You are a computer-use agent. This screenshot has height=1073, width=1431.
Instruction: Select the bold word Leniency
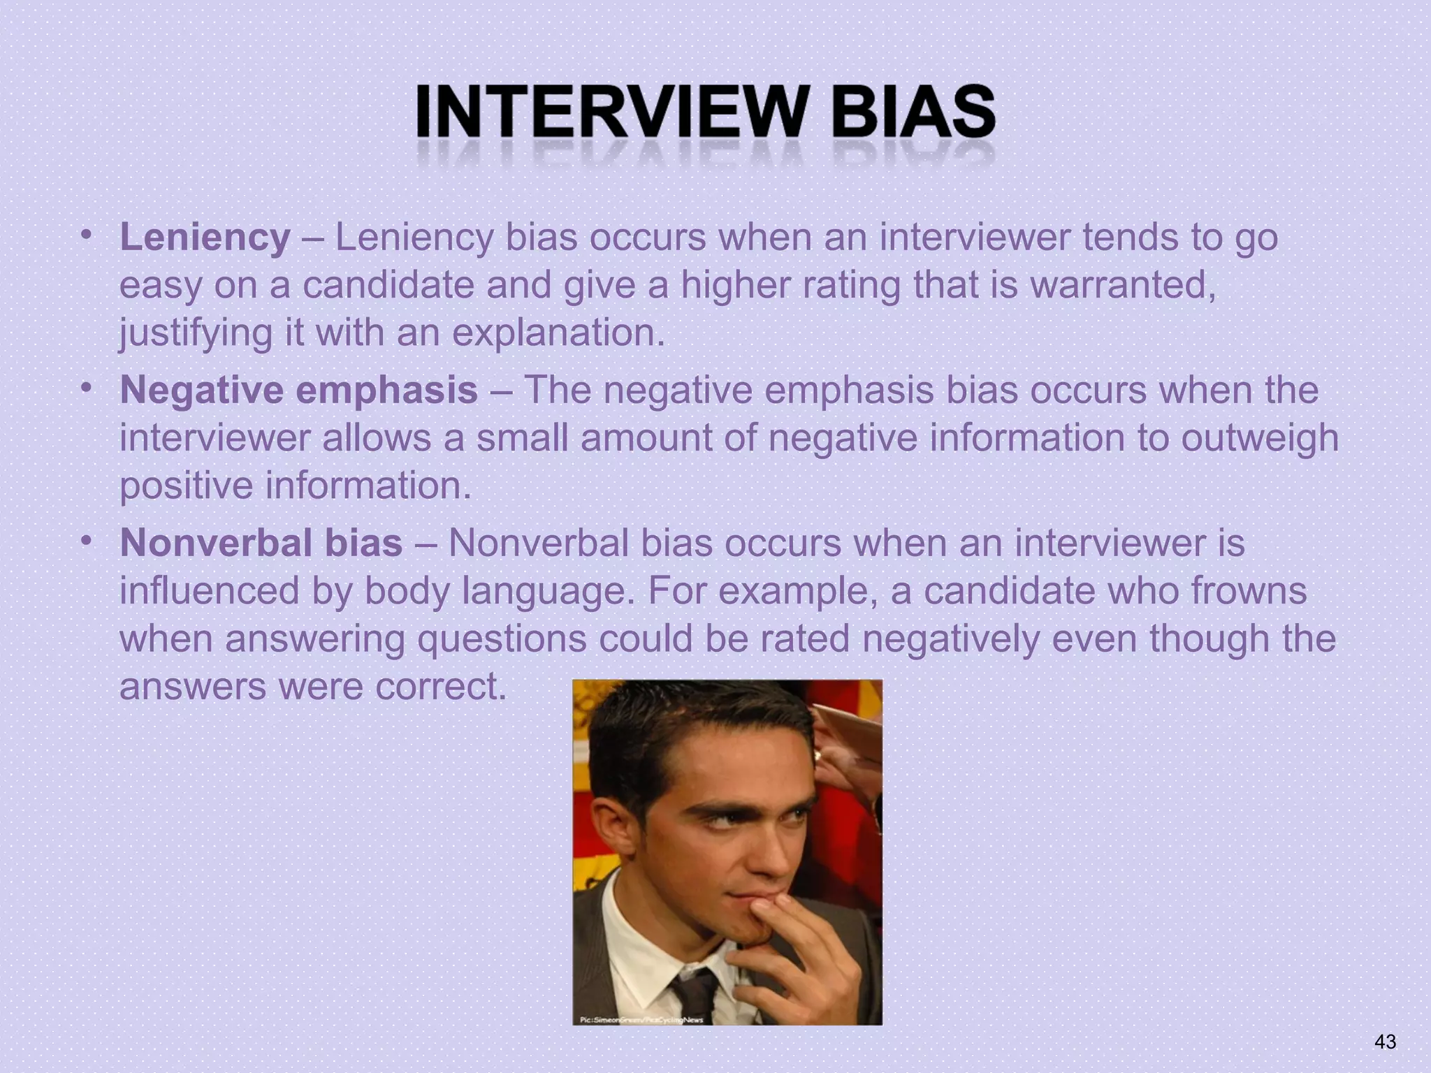click(205, 238)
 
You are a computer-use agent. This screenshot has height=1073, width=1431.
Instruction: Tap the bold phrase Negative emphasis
click(299, 390)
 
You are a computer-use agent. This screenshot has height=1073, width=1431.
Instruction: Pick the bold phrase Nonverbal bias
click(261, 543)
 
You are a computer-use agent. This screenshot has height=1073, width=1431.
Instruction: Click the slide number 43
click(1384, 1042)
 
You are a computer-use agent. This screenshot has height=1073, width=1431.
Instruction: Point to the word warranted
click(1122, 285)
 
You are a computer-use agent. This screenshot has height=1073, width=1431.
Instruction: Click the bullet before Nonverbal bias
click(85, 541)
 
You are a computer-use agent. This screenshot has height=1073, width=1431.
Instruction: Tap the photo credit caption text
click(641, 1019)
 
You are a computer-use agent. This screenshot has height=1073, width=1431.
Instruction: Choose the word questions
click(502, 639)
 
